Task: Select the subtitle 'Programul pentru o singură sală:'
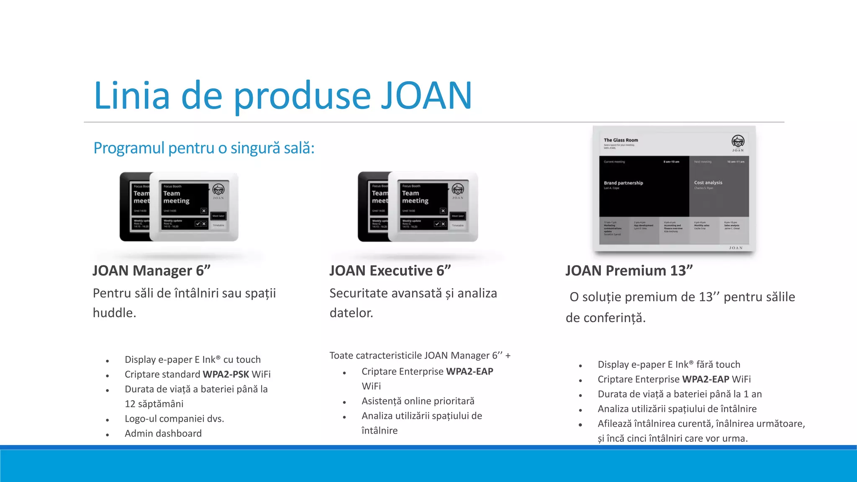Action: click(204, 148)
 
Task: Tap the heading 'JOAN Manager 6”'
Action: click(151, 271)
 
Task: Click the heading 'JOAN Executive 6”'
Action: click(390, 271)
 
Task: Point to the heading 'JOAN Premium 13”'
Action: click(629, 271)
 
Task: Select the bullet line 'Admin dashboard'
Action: click(163, 433)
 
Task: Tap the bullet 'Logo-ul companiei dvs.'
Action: click(174, 419)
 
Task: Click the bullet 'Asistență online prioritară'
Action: click(418, 401)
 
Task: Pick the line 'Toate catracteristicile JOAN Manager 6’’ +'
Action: click(420, 356)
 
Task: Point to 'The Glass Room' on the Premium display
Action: click(621, 140)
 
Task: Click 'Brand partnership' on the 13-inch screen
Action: click(623, 183)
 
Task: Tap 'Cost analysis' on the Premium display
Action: click(708, 182)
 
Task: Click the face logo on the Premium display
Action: click(738, 141)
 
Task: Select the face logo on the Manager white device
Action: click(218, 190)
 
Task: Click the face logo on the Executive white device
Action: click(458, 189)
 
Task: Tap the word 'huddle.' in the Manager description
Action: click(114, 313)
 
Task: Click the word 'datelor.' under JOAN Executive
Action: click(351, 313)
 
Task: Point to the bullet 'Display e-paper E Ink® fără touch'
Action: click(669, 364)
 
